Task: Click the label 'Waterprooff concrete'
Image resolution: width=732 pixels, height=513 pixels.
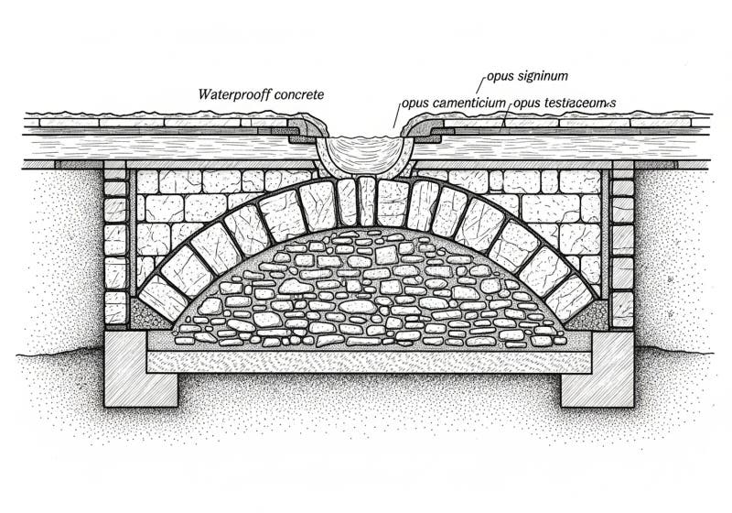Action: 261,93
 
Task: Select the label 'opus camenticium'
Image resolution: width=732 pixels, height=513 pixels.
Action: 455,104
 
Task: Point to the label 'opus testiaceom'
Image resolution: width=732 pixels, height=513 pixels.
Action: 564,104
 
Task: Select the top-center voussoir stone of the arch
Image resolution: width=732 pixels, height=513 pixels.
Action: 366,200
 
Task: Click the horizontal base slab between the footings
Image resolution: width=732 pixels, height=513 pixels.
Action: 366,360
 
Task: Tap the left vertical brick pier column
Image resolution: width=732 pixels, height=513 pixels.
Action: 116,247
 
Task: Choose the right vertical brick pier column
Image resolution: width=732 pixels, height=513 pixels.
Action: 621,247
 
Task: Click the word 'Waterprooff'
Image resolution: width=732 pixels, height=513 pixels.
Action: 234,93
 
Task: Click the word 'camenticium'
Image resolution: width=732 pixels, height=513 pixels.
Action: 470,104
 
